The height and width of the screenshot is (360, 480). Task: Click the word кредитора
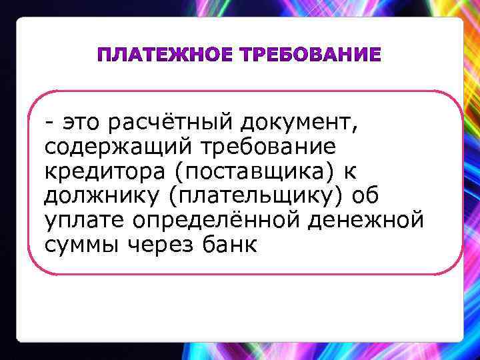tap(105, 171)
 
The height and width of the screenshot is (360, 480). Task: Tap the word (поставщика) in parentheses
tap(257, 172)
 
